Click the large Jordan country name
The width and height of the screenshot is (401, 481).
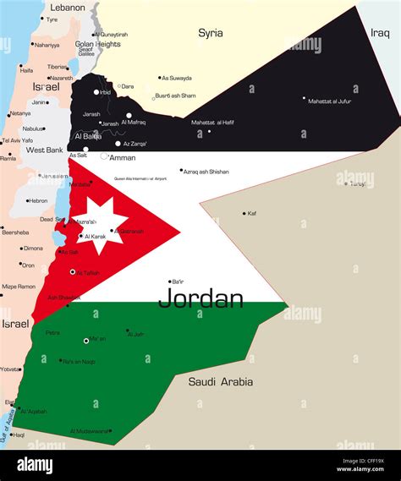click(x=200, y=298)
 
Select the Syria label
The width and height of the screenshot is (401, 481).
click(x=211, y=33)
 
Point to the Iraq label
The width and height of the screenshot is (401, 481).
click(x=380, y=33)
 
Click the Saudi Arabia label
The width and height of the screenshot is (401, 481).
click(x=220, y=382)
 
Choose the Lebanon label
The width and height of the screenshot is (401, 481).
click(x=68, y=8)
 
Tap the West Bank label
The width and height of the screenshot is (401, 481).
click(x=45, y=150)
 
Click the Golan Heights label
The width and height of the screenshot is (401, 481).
click(x=97, y=44)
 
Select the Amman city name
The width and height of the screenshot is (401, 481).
click(x=123, y=157)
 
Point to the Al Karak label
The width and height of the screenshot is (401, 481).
click(x=96, y=237)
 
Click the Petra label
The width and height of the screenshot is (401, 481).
click(x=52, y=332)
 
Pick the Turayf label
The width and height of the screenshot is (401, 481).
click(x=358, y=183)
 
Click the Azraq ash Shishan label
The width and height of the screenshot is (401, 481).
click(x=206, y=172)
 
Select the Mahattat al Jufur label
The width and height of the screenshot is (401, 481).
click(x=331, y=101)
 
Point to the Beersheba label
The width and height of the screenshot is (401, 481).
click(x=15, y=231)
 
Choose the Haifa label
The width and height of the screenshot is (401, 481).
click(x=26, y=70)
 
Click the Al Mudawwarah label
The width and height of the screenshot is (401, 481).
click(x=90, y=431)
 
